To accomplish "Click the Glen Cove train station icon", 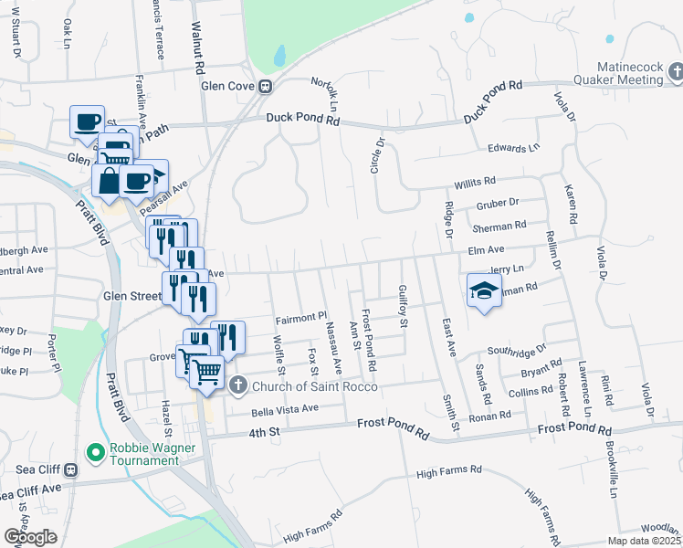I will (x=266, y=88).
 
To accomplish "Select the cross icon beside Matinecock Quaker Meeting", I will (x=676, y=71).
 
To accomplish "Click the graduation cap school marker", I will (x=483, y=290).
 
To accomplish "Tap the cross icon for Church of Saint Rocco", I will (x=237, y=385).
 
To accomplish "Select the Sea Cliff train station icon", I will (x=72, y=469).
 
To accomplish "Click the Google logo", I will (x=30, y=537).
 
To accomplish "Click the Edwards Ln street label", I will (x=514, y=148).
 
